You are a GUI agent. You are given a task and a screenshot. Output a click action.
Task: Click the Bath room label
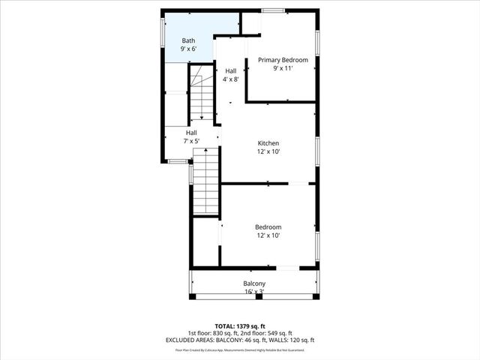188,40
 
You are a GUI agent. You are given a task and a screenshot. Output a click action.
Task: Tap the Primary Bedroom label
283,59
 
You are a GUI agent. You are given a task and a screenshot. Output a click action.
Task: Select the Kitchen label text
268,142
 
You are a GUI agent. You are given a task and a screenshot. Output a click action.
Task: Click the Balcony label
254,283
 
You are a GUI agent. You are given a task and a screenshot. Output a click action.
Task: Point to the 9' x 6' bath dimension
188,49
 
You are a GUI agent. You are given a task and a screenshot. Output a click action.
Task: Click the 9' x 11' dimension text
283,68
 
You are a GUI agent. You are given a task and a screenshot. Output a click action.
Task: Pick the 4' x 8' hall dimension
231,79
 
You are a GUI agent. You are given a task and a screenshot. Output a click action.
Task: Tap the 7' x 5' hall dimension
191,141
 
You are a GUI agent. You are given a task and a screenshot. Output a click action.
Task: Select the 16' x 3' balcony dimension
254,292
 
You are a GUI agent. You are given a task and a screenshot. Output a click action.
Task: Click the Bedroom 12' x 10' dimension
268,235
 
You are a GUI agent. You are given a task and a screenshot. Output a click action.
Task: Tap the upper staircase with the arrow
201,94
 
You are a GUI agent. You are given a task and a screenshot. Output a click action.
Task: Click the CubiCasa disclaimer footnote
240,349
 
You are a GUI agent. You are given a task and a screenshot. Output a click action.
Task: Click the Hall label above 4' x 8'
231,70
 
